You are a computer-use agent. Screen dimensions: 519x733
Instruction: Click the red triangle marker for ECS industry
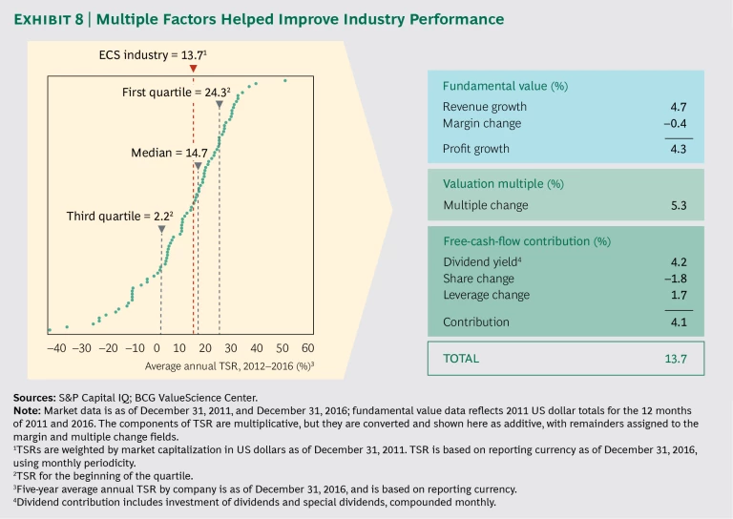193,69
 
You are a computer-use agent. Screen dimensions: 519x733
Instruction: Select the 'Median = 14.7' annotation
169,152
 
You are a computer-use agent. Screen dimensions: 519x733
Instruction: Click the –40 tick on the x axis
55,349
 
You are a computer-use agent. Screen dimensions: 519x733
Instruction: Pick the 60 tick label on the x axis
308,349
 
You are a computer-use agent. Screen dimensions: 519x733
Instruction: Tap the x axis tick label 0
157,349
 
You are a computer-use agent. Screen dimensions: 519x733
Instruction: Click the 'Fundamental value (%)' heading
505,86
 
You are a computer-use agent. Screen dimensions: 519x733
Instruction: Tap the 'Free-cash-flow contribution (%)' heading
527,241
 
